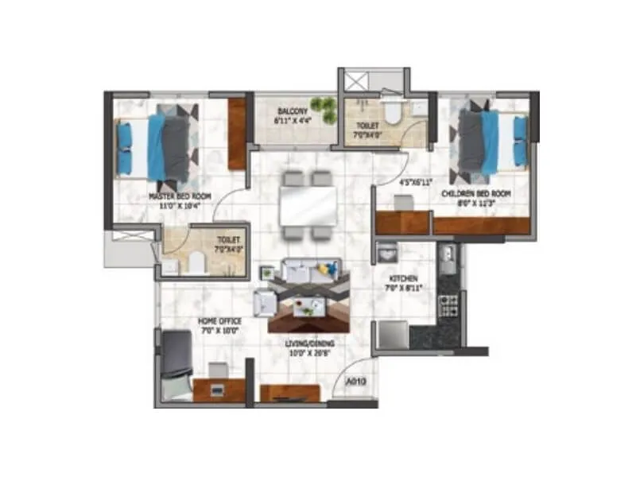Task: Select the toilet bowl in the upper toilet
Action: click(x=392, y=112)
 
